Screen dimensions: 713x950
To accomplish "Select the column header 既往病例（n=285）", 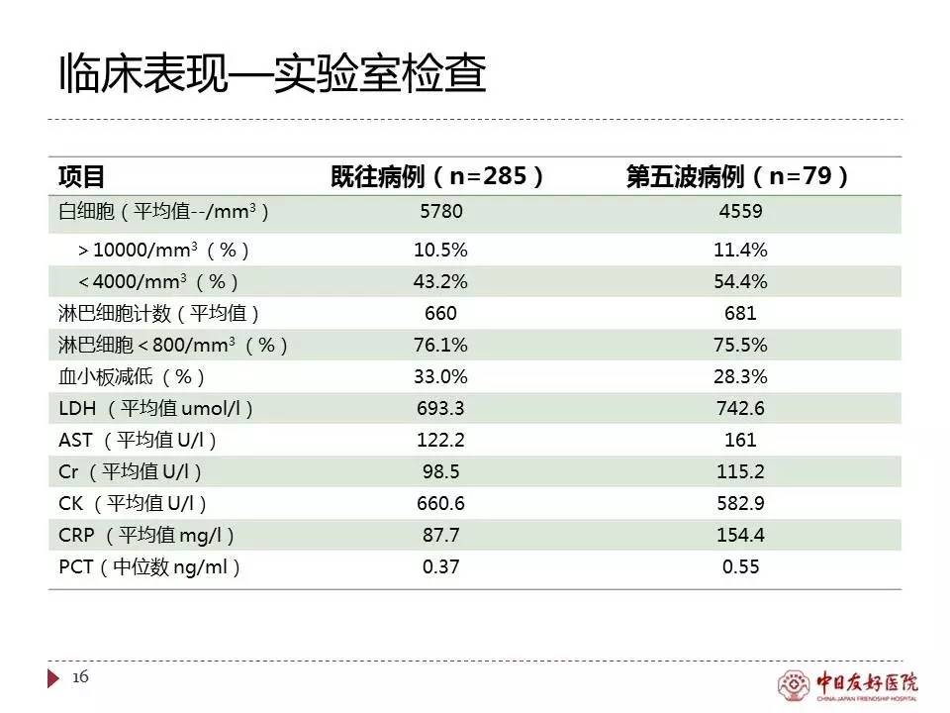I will pos(437,177).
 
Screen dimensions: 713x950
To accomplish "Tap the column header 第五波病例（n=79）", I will pos(739,177).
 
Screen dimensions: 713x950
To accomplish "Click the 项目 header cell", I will pos(81,177).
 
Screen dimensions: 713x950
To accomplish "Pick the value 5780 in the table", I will pos(441,211).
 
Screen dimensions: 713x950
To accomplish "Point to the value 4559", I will pos(740,211).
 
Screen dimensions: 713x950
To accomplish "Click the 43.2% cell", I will pos(440,281).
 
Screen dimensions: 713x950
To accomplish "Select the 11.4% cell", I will pos(740,250).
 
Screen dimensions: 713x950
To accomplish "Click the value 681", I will pos(740,314).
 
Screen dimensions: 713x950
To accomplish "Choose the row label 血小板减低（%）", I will pos(133,377).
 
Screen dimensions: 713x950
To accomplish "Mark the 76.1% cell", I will pos(440,346).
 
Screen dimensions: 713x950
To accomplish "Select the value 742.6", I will pos(740,409).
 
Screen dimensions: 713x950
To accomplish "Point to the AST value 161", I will pos(740,440).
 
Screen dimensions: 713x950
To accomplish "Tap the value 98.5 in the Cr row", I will pos(440,471).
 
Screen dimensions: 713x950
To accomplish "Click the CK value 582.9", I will pos(740,503).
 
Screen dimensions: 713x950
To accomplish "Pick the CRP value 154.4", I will pos(740,535).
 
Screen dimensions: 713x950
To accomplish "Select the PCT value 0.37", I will pos(440,567).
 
